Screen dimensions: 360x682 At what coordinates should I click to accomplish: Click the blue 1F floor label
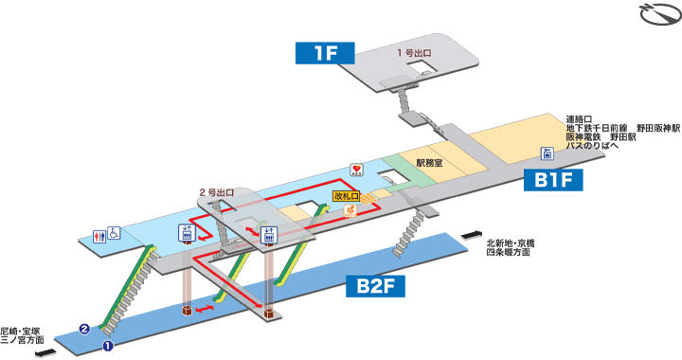coord(326,53)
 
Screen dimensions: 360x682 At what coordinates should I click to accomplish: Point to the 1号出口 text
coord(415,53)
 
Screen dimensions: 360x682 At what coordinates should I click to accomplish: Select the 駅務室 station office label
coord(431,162)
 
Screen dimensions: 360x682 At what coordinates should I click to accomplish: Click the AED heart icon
coord(357,169)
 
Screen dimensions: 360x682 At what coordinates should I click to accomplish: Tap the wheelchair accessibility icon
coord(114,235)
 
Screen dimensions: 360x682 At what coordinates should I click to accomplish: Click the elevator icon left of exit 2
coord(184,232)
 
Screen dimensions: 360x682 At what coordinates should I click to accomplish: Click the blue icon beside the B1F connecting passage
coord(547,153)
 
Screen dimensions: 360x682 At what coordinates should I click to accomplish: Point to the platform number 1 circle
coord(107,346)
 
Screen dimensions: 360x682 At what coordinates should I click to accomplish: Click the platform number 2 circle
coord(84,329)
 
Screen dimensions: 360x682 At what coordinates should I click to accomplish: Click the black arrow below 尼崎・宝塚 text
coord(42,355)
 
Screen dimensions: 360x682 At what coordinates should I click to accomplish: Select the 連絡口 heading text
coord(579,118)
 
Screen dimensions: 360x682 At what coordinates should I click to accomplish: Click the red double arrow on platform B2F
coord(206,308)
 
